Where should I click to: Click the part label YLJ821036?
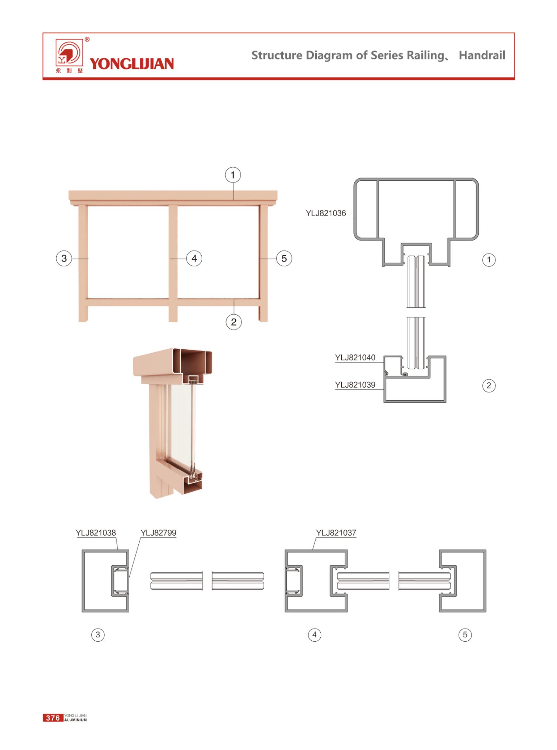pos(326,213)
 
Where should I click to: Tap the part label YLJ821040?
pos(355,357)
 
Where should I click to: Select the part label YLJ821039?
pos(355,385)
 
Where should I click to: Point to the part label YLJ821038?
pos(96,533)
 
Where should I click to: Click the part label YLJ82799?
pos(158,533)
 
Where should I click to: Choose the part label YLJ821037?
pos(336,533)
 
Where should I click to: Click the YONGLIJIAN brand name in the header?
pos(132,64)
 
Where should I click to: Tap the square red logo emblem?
pos(69,53)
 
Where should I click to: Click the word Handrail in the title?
pos(482,55)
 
